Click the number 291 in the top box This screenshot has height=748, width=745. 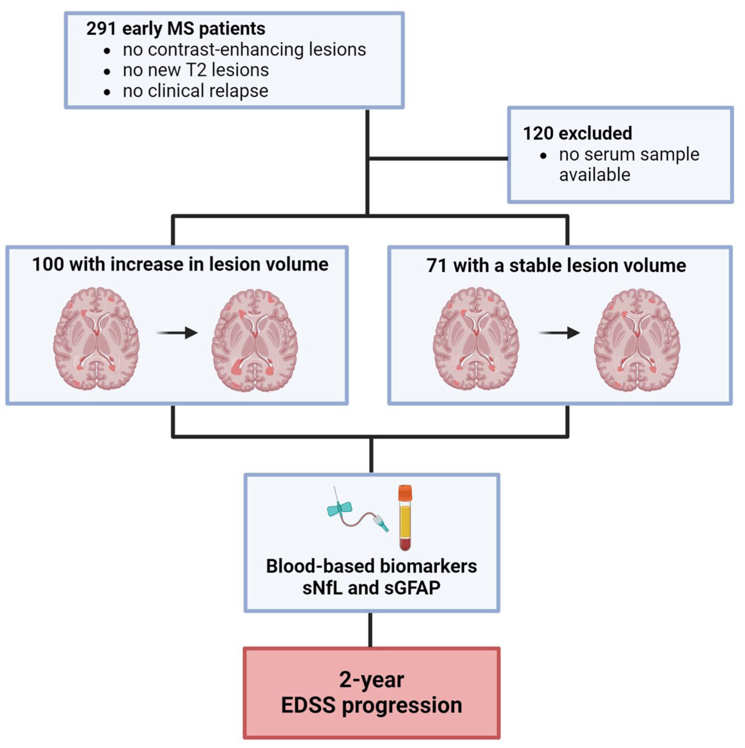pos(101,28)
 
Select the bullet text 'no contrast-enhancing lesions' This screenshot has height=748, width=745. pos(244,49)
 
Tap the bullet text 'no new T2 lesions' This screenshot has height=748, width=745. pos(196,70)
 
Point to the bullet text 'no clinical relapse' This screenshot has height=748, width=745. pos(195,91)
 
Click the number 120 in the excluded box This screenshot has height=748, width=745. pos(538,133)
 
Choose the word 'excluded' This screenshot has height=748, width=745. pos(596,133)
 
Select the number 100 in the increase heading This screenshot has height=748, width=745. pos(48,265)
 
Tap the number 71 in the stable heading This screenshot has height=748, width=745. pos(437,266)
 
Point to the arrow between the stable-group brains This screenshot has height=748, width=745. pos(559,333)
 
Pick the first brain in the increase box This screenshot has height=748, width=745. pos(96,338)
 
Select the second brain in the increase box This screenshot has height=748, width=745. pos(254,340)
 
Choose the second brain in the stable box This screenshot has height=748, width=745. pos(637,340)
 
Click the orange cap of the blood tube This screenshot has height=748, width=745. pos(405,492)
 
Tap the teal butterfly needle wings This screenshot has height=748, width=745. pos(339,508)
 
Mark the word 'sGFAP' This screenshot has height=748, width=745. pos(412,587)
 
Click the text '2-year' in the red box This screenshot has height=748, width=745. pos(371,680)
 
